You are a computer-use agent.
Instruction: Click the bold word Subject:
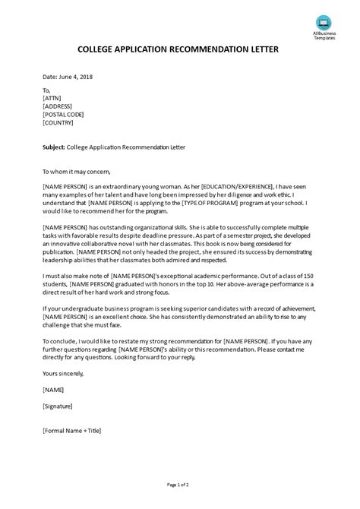point(58,146)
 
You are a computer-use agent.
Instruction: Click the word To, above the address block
point(47,89)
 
